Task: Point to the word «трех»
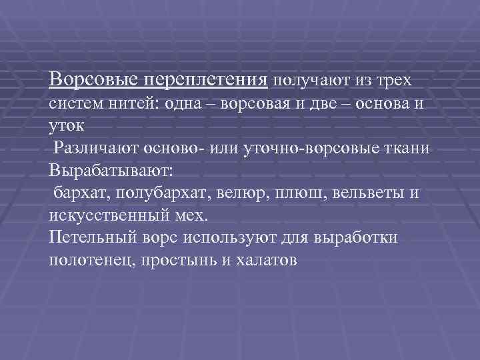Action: tap(393, 81)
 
